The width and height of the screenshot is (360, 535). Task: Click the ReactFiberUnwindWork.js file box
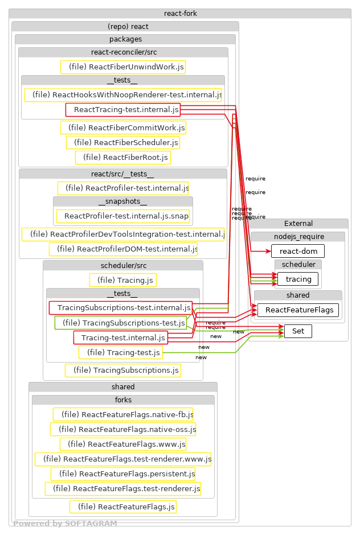point(122,67)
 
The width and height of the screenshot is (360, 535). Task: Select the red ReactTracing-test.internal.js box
point(122,109)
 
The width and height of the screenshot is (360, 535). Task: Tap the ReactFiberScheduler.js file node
point(122,142)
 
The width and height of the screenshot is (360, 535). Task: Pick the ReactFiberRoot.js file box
point(122,157)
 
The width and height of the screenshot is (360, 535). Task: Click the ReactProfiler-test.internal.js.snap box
point(122,216)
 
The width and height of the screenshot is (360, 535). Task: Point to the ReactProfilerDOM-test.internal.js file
point(123,249)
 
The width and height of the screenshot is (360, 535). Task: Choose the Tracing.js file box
point(122,280)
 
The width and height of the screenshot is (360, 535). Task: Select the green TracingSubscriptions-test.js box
point(120,323)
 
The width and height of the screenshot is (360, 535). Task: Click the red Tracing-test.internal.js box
point(120,338)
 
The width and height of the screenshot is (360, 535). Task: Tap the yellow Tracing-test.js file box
point(120,353)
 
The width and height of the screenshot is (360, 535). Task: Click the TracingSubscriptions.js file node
point(122,371)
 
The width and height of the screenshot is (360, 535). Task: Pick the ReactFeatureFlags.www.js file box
point(122,444)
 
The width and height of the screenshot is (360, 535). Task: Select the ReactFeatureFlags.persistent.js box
point(122,474)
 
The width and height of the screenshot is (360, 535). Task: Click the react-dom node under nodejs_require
point(298,251)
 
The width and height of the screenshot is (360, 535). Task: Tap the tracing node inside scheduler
point(298,279)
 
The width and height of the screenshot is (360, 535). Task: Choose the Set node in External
point(298,331)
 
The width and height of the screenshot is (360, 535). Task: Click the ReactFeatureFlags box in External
point(298,310)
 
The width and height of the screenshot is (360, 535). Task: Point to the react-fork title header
point(180,14)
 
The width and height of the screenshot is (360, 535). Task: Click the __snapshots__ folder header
point(122,201)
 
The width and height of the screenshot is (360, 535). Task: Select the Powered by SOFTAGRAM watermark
point(65,524)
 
